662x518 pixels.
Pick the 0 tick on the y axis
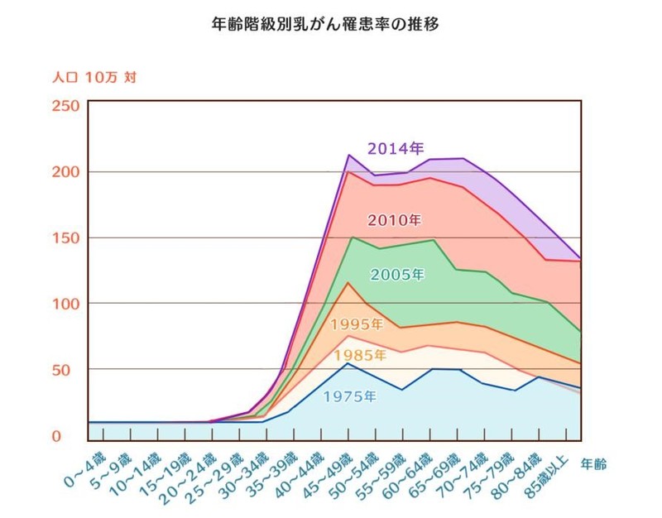click(72, 435)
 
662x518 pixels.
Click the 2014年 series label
click(396, 149)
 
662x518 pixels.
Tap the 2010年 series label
click(394, 220)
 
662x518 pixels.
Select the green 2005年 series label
click(396, 275)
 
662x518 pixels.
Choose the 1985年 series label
click(358, 356)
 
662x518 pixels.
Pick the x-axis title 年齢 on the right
click(593, 463)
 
